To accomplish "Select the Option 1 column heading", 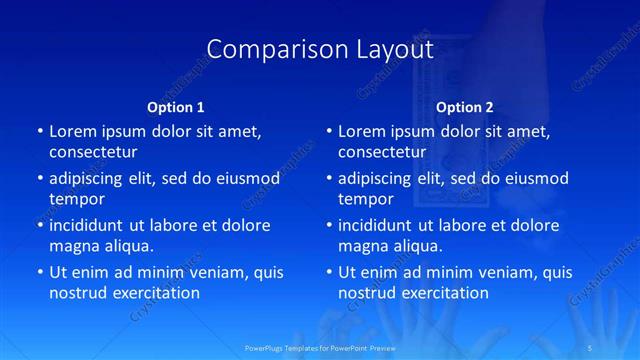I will (175, 106).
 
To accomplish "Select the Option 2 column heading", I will (465, 106).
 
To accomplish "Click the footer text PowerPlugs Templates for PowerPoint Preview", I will (320, 347).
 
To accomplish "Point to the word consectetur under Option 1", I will (93, 152).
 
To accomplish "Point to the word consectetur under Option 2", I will (382, 152).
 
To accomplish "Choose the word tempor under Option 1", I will (77, 198).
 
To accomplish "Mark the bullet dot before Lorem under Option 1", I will (40, 131).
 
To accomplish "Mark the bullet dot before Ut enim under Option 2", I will (329, 272).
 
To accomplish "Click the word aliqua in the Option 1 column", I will (129, 245).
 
